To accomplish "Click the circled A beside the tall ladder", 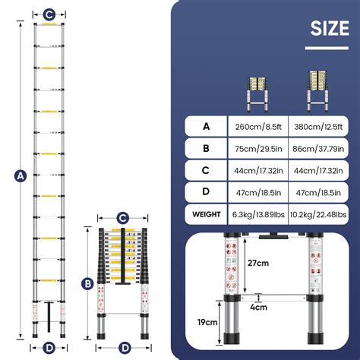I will tap(21, 176).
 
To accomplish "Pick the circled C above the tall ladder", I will tap(49, 13).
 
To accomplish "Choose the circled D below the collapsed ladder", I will tap(122, 348).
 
